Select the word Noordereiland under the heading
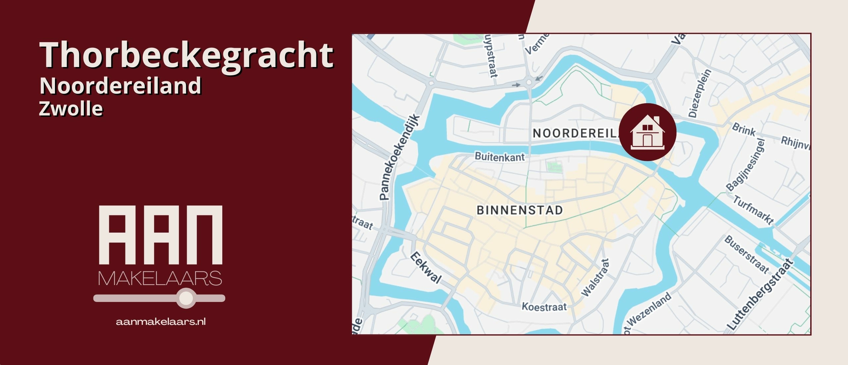(120, 86)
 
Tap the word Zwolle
(71, 109)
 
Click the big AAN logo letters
(161, 235)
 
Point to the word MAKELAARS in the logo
(160, 278)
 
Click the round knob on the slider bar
(186, 298)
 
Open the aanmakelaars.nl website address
(161, 322)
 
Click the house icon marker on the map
(647, 132)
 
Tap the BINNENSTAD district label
(519, 210)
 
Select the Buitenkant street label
(500, 157)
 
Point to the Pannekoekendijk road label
(399, 157)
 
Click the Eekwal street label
(426, 267)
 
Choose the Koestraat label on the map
(544, 307)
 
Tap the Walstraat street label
(595, 277)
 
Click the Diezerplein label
(700, 93)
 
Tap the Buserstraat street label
(747, 254)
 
